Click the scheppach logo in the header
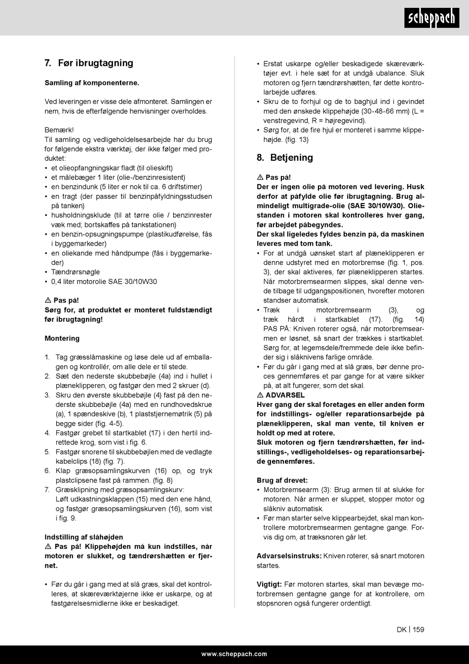coord(432,18)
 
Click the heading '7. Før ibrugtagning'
coord(89,63)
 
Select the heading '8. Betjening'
coord(285,158)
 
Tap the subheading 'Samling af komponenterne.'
coord(92,82)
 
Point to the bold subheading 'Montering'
coord(62,339)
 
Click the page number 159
coord(418,629)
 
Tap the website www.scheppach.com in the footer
coord(234,654)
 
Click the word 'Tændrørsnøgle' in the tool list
coord(76,272)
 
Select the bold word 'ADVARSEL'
coord(285,395)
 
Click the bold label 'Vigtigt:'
coord(269,584)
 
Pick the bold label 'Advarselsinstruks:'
coord(289,556)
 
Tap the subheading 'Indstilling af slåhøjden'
coord(84,537)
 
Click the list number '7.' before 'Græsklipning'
coord(47,489)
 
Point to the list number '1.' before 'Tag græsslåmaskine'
coord(47,357)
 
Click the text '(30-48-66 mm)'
coord(386,111)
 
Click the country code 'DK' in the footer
coord(401,629)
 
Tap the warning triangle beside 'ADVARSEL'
coord(260,395)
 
